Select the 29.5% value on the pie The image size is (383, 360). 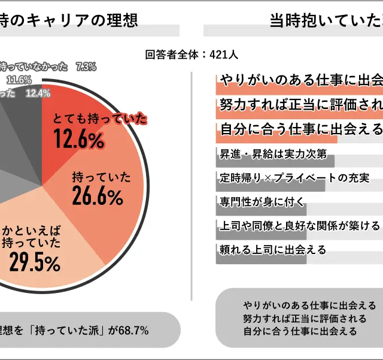34,262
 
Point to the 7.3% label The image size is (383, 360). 86,67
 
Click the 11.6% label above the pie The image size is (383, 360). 19,80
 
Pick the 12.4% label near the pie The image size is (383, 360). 38,93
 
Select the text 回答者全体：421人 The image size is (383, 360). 191,55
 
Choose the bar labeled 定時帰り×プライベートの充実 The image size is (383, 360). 269,178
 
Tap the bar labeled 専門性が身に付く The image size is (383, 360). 260,202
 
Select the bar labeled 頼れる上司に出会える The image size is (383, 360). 260,250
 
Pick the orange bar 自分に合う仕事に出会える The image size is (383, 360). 276,129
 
